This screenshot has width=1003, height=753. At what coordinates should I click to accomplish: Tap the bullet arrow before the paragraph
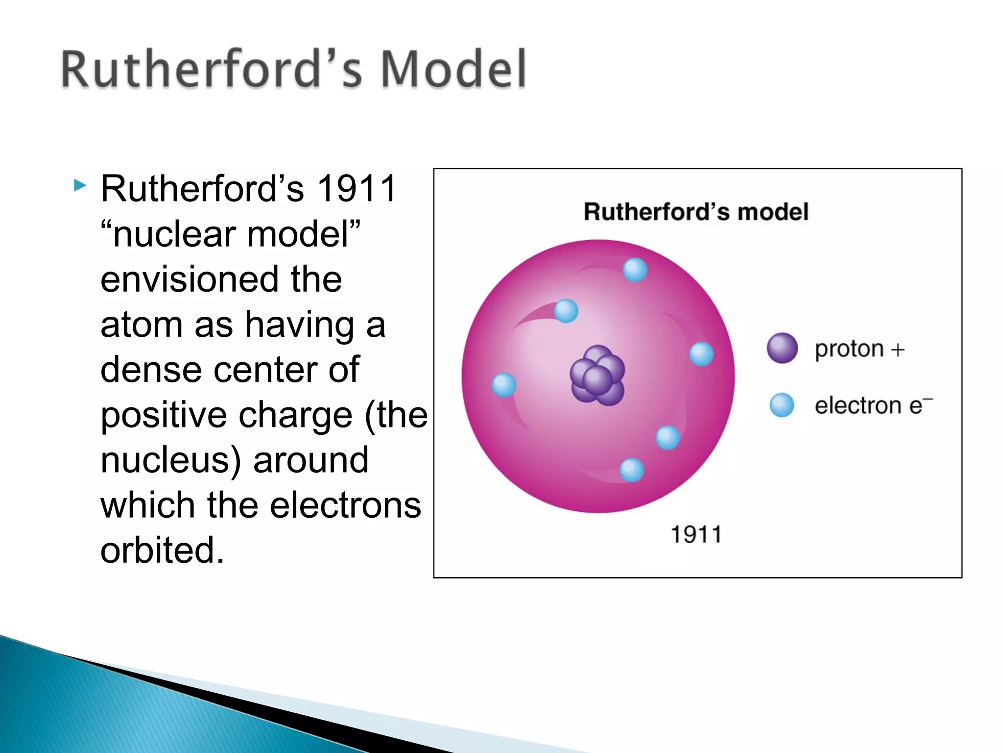80,185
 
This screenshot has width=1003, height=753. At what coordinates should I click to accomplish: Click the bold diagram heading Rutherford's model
696,212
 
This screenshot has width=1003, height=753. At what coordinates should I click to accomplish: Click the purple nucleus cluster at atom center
597,376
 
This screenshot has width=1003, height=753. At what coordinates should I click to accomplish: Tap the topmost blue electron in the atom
635,270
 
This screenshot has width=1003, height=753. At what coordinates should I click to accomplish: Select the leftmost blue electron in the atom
504,385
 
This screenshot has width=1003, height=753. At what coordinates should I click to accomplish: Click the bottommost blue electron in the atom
632,470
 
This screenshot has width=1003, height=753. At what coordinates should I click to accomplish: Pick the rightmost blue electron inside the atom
701,354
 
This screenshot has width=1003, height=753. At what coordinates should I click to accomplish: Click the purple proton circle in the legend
782,348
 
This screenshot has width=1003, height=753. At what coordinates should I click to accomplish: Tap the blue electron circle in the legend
782,405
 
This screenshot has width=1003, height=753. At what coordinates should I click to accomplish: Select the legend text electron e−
873,405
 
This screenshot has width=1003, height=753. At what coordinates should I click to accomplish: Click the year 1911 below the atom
696,534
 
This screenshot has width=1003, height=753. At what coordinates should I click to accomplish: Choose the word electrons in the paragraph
345,505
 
